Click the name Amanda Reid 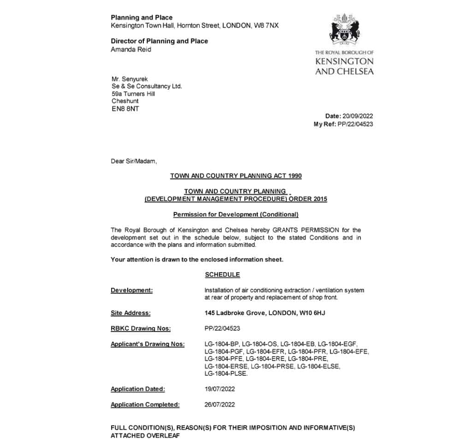click(131, 49)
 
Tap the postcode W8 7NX click(266, 25)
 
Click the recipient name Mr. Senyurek click(130, 79)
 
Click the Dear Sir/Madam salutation click(134, 161)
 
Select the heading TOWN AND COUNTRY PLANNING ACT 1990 click(236, 176)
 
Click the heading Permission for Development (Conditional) click(236, 215)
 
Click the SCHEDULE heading click(222, 275)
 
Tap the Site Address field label click(130, 313)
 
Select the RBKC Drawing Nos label click(141, 328)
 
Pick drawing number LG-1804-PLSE click(226, 374)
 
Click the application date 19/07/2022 click(220, 389)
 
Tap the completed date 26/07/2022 click(220, 405)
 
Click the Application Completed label click(145, 405)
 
